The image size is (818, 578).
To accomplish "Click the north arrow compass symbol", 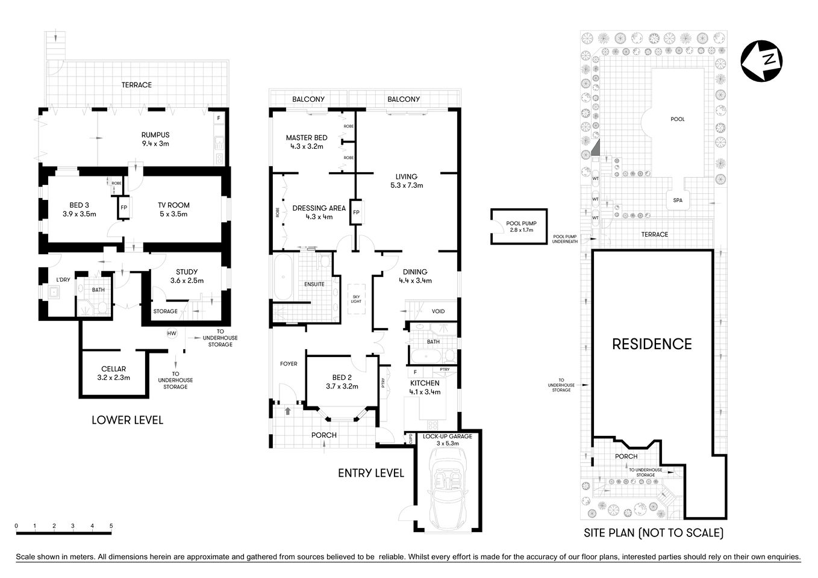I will click(762, 61).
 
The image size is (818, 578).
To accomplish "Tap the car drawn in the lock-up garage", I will click(447, 491).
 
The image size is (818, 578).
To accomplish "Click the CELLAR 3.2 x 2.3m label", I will click(114, 373).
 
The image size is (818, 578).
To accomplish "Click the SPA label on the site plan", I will click(678, 200).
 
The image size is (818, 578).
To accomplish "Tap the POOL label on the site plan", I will click(678, 119).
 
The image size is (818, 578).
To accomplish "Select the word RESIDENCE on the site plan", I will click(652, 344).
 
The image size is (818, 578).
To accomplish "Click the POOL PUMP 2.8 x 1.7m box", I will click(519, 226).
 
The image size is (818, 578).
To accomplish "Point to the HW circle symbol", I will click(172, 333).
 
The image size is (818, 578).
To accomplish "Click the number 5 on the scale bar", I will click(111, 526).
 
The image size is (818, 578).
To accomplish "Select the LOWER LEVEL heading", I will click(127, 420).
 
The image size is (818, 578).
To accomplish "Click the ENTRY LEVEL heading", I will click(370, 473).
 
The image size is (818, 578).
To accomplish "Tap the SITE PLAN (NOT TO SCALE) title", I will click(654, 533).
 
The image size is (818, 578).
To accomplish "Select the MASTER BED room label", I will click(307, 142).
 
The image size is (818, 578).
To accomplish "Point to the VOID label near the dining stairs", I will click(439, 311).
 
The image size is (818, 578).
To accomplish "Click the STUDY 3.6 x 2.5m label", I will click(187, 276).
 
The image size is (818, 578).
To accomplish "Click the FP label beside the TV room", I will click(124, 208).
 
